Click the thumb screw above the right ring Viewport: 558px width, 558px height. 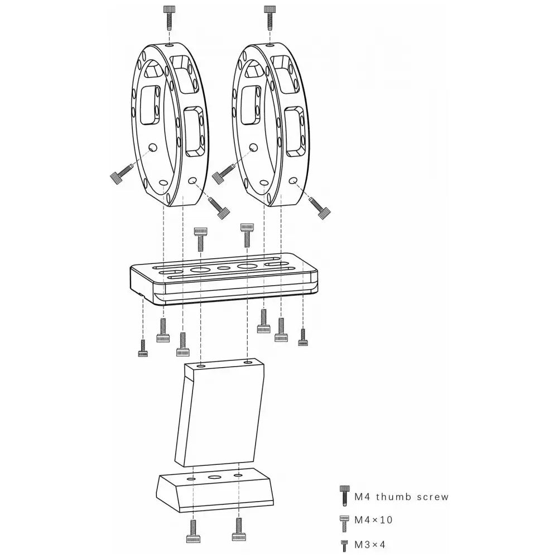coord(269,16)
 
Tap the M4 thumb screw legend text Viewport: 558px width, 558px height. coord(402,497)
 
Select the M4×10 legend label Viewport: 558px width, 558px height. coord(374,520)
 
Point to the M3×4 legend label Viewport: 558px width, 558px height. coord(371,543)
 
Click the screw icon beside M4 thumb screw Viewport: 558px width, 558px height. coord(344,496)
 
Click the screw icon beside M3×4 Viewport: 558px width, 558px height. coord(344,545)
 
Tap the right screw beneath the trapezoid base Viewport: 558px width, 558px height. coord(238,528)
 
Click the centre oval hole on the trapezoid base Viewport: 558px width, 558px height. coord(215,478)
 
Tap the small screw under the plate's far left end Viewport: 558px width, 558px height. coord(142,349)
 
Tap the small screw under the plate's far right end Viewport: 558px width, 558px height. coord(302,337)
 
